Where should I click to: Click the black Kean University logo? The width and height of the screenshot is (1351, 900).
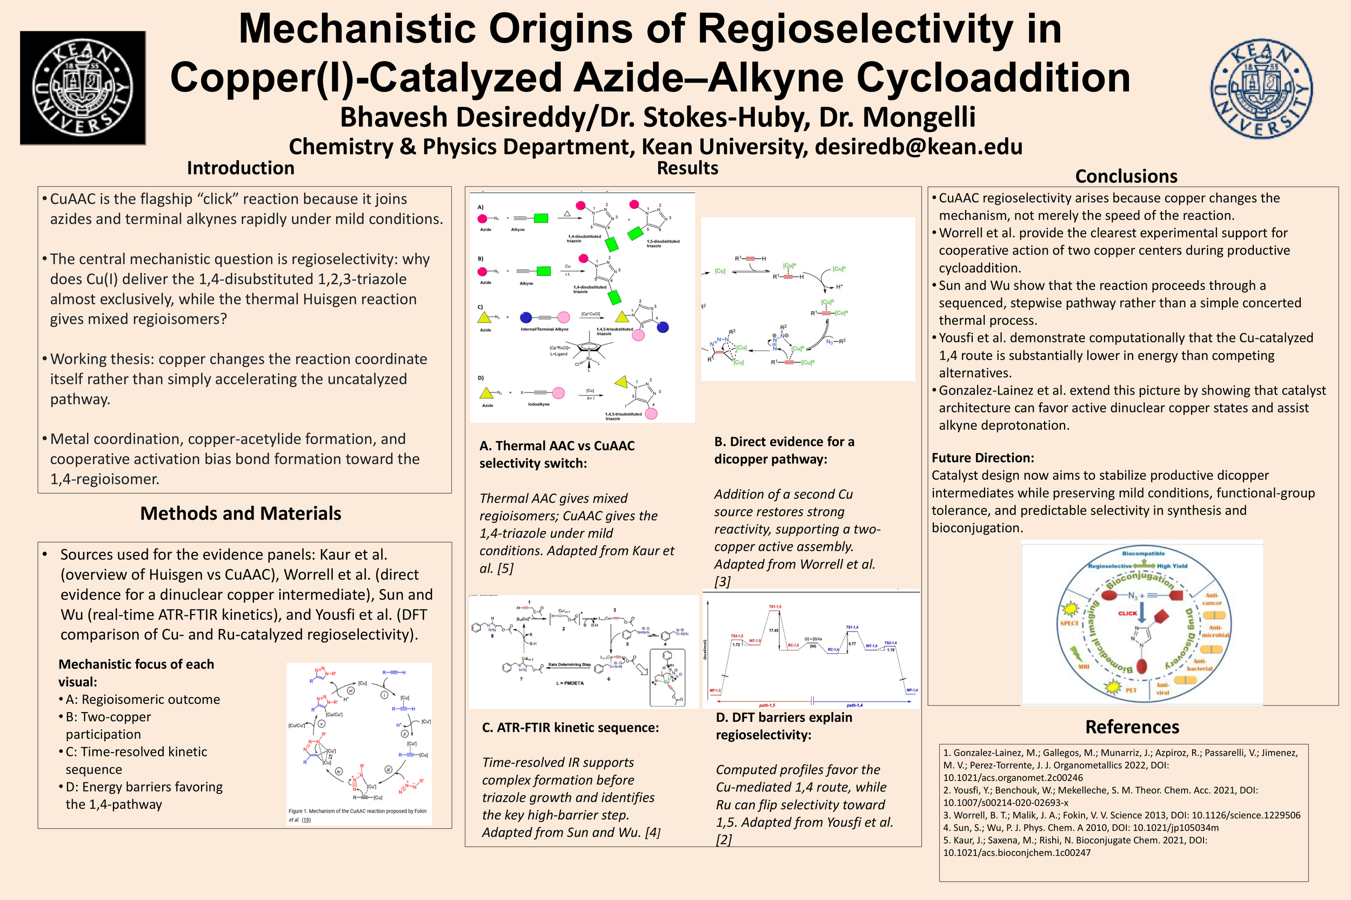[83, 88]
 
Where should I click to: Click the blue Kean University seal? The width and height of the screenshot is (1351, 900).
[1261, 89]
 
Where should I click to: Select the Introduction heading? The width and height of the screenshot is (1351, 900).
[240, 168]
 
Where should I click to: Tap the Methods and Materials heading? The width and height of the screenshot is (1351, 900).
[240, 513]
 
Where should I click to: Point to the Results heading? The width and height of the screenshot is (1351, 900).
[687, 168]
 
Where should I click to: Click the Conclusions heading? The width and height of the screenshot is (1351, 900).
[1126, 176]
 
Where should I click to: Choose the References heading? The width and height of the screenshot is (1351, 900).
[1132, 727]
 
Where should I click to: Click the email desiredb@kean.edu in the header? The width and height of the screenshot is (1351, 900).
[919, 147]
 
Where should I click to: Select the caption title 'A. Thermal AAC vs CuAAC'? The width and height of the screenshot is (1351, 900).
[557, 446]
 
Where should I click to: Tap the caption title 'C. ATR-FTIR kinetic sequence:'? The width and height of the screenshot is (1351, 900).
[570, 728]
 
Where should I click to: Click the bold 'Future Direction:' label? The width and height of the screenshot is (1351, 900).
[982, 458]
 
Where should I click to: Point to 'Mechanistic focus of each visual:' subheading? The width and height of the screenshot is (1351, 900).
[136, 673]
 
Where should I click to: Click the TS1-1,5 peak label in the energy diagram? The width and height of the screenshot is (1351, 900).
[775, 607]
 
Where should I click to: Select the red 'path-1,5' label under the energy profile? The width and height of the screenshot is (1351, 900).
[767, 706]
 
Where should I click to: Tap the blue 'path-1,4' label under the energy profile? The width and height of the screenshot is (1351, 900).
[854, 706]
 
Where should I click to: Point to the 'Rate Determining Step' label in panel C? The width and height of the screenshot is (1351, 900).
[569, 665]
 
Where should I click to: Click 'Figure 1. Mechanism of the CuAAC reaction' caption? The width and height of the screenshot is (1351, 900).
[357, 811]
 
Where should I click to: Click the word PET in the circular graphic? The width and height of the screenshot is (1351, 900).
[1131, 691]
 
